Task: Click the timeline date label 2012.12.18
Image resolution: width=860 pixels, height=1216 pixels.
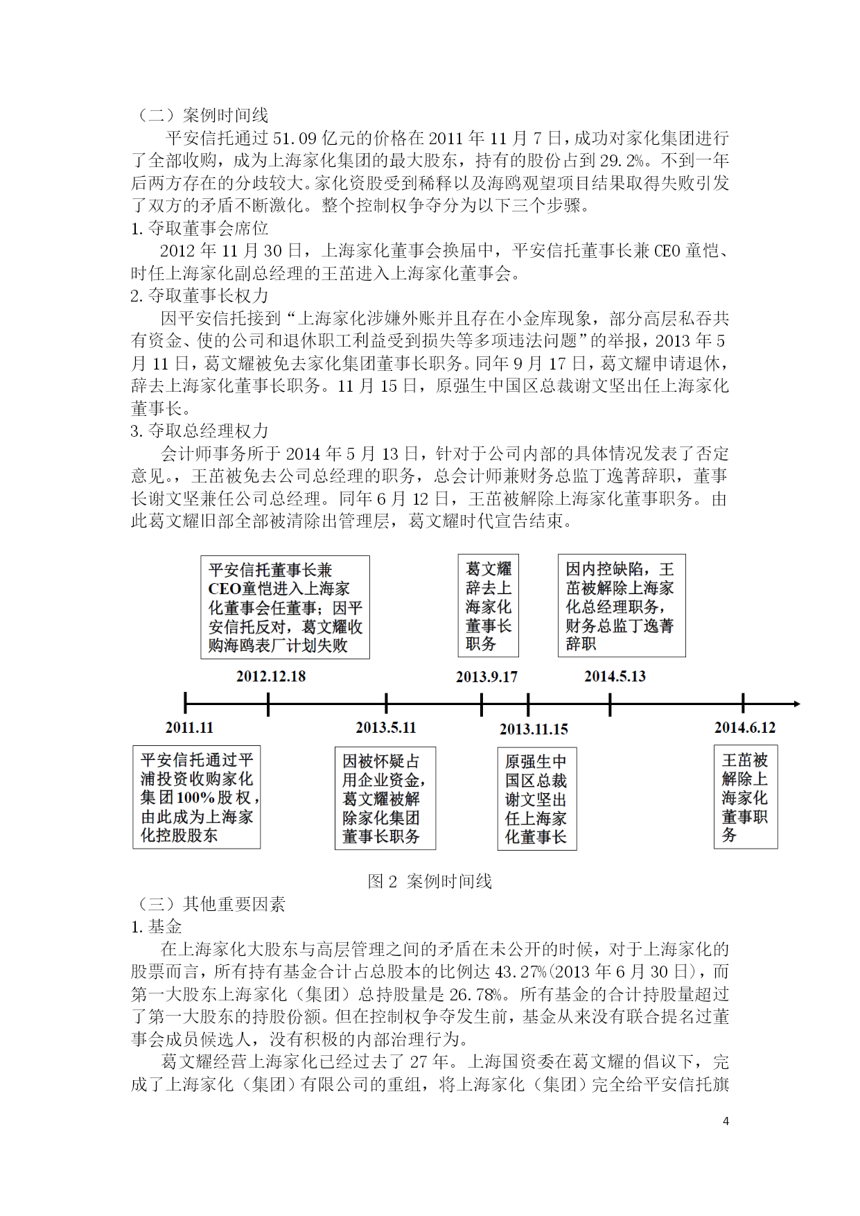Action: click(x=270, y=676)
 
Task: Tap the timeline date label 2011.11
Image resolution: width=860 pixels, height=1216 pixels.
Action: click(x=189, y=727)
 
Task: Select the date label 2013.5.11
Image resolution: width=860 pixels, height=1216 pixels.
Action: click(x=385, y=727)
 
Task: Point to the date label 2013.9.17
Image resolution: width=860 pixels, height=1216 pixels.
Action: click(x=486, y=677)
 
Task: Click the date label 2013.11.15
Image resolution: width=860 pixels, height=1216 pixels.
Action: click(x=534, y=729)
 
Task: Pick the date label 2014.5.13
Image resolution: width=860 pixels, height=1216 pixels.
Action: click(x=615, y=676)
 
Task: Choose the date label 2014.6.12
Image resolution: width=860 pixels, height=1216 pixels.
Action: click(x=745, y=727)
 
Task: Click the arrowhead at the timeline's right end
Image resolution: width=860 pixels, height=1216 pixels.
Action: click(x=796, y=704)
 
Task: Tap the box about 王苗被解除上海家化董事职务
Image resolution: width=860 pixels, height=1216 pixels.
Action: click(x=746, y=797)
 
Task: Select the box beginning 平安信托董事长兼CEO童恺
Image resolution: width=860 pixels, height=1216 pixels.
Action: click(x=285, y=607)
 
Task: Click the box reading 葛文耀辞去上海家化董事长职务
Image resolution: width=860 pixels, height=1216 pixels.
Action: click(x=488, y=606)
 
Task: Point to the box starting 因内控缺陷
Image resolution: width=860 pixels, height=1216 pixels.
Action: click(x=622, y=605)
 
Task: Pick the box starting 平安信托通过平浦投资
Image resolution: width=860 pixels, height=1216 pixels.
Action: click(x=197, y=797)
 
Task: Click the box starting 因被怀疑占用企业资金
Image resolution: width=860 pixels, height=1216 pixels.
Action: click(x=385, y=798)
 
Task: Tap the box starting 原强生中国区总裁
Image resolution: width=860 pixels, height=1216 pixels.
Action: click(x=536, y=799)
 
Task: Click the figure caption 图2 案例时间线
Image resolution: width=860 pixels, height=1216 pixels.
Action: click(x=430, y=881)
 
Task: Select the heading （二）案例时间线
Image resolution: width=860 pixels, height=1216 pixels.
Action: click(x=200, y=115)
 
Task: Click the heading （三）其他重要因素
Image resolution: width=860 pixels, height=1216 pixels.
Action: click(x=208, y=904)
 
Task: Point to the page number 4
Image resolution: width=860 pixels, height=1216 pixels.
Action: click(x=726, y=1121)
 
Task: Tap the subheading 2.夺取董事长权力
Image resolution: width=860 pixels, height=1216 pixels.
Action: click(x=200, y=295)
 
